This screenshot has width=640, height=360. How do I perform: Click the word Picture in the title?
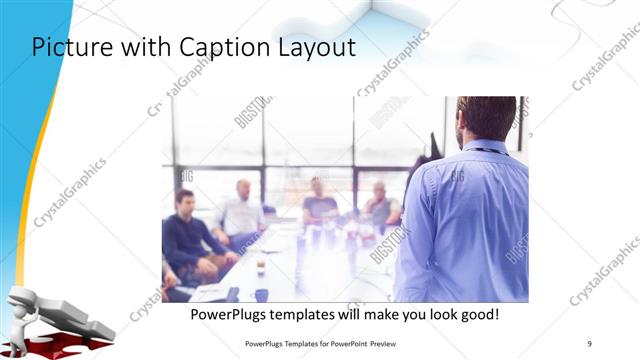(x=68, y=48)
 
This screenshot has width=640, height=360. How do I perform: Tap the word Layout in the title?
(x=313, y=48)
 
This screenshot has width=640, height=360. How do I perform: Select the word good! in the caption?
(x=477, y=315)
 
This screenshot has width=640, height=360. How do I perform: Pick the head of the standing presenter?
(x=486, y=117)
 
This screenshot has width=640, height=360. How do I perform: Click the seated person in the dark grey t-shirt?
(x=319, y=204)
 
